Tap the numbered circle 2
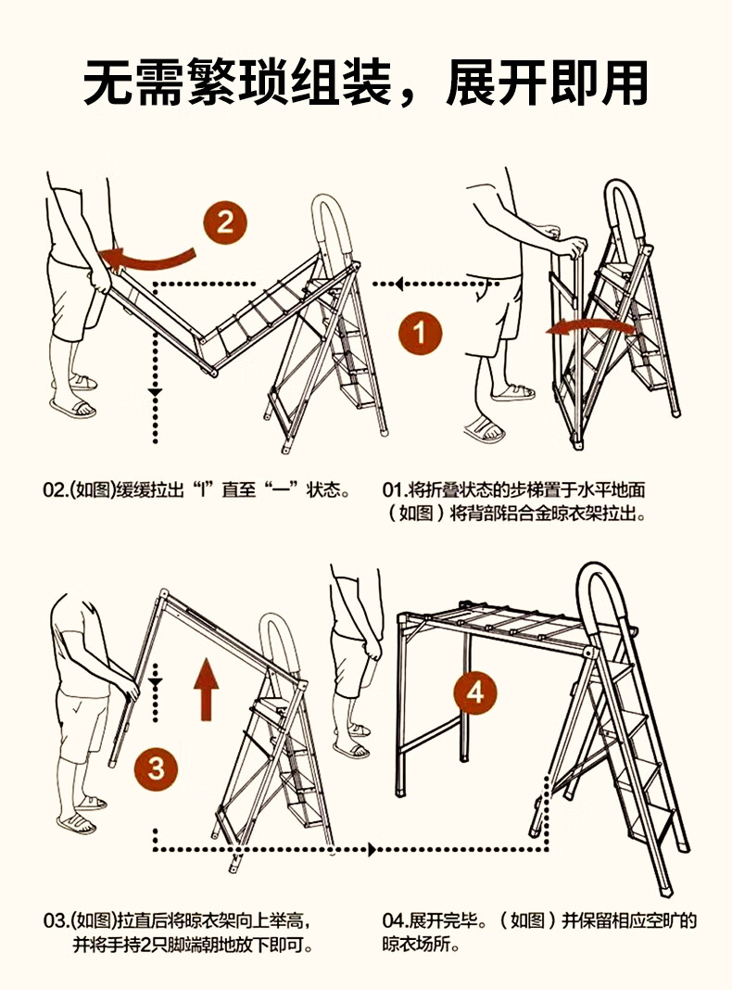[x=224, y=222]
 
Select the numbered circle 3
[x=156, y=768]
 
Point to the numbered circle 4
[x=475, y=692]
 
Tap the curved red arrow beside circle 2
[x=146, y=258]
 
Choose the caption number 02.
[x=54, y=490]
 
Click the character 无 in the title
[x=109, y=82]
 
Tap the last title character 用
[x=624, y=82]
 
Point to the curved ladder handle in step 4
[x=602, y=570]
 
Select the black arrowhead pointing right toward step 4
[x=372, y=849]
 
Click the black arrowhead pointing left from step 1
[x=398, y=285]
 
